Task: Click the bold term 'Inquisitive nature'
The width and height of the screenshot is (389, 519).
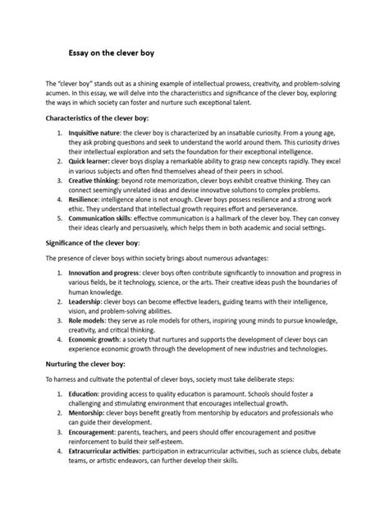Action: point(95,132)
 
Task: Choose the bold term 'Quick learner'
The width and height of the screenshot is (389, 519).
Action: point(89,162)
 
